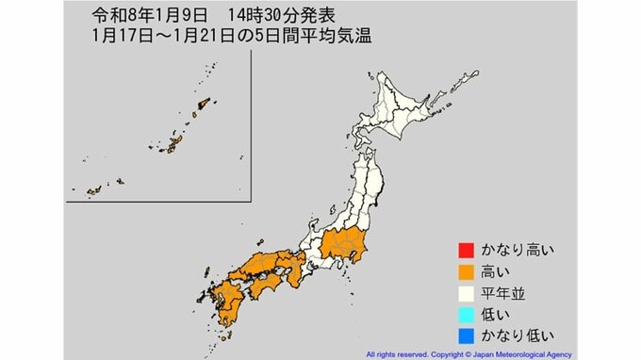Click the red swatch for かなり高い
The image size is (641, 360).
click(x=465, y=251)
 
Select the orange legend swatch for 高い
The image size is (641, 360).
click(x=465, y=272)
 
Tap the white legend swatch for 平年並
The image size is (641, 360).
click(x=465, y=293)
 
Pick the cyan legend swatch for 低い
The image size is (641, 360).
click(x=465, y=314)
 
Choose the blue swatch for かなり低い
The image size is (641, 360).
click(x=465, y=335)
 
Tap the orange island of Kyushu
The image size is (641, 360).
click(x=222, y=302)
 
